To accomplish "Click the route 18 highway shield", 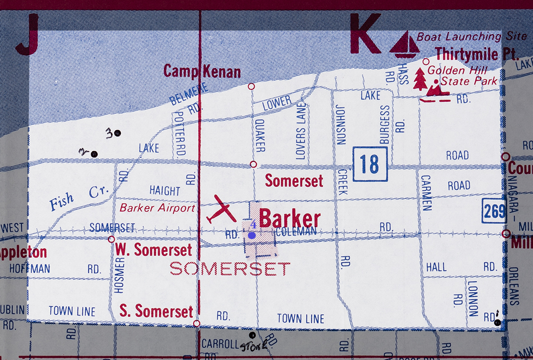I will pos(370,164).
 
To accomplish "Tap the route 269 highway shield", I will pos(494,210).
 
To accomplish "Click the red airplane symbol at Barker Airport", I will pos(221,210).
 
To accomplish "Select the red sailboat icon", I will pos(404,44).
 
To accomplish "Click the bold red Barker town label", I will pos(290,219).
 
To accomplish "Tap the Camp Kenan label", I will pos(202,71).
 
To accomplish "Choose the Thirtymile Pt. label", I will pos(477,54).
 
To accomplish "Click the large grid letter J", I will pos(27,34).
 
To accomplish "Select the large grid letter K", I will pos(365,33).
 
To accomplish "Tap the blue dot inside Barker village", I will pos(252,236).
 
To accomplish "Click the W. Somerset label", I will pos(154,250).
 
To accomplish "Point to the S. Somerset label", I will pos(156,311).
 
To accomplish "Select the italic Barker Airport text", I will pos(157,208).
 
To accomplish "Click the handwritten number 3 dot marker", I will pos(118,132).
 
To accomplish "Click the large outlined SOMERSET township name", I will pos(230,268).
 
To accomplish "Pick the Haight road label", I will pos(165,191).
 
